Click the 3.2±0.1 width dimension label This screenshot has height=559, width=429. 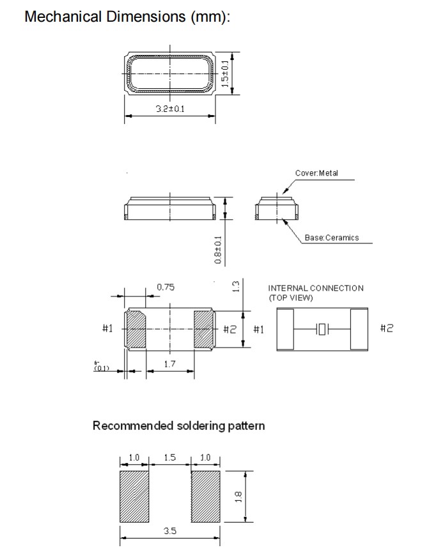pyautogui.click(x=170, y=109)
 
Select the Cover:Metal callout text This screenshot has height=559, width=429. pyautogui.click(x=316, y=173)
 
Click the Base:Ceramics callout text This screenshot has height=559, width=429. pyautogui.click(x=332, y=238)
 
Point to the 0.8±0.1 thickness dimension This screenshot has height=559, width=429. pyautogui.click(x=218, y=250)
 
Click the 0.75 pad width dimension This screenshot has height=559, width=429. pyautogui.click(x=166, y=287)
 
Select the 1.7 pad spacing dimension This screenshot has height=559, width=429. pyautogui.click(x=169, y=364)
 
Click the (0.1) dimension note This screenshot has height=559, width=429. pyautogui.click(x=102, y=367)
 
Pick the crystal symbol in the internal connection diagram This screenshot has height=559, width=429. pyautogui.click(x=322, y=329)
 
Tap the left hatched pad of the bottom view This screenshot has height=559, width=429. pyautogui.click(x=136, y=329)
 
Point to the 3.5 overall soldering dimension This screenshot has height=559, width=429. pyautogui.click(x=169, y=532)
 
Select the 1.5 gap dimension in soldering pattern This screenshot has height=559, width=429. pyautogui.click(x=169, y=458)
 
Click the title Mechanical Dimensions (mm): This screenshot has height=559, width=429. pyautogui.click(x=127, y=17)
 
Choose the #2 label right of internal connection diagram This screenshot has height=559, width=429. pyautogui.click(x=387, y=328)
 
